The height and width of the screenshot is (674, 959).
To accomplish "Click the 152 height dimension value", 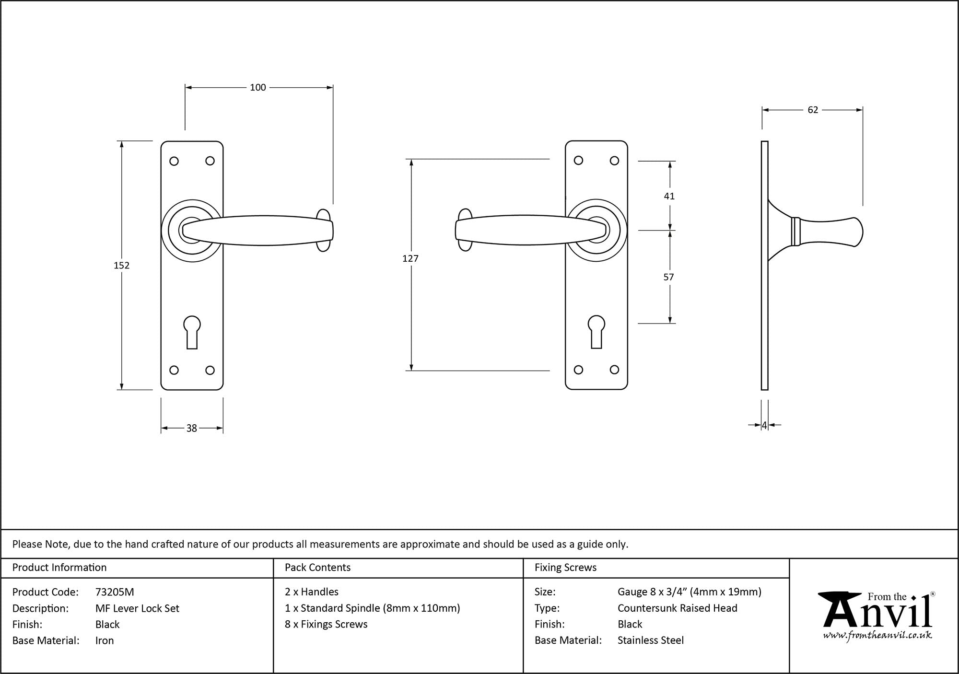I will tap(121, 265).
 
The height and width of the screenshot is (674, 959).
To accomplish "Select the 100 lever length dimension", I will tap(257, 87).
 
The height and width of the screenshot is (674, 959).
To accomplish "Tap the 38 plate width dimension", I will tap(191, 428).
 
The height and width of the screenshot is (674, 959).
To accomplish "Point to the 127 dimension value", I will tap(410, 258).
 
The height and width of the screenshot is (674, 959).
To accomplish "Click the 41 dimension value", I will tap(669, 196).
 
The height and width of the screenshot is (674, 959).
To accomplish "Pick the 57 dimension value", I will tap(668, 277).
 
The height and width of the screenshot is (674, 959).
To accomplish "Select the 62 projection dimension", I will tap(813, 110).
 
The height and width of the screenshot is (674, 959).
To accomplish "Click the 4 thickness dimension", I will tap(764, 425).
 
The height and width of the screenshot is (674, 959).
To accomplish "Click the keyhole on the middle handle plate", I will tap(596, 331).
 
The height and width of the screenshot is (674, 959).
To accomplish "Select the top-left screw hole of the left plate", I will tap(174, 161).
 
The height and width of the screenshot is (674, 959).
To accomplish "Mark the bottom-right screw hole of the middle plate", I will tap(614, 370).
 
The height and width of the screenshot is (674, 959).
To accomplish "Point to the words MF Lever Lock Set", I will tap(137, 608).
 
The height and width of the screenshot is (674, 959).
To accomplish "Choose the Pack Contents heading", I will tap(317, 568).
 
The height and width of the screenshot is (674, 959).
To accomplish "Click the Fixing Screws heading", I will tap(565, 568).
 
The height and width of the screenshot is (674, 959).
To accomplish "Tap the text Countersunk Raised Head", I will tap(677, 608).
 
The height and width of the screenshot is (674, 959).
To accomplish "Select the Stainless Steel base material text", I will tap(650, 640).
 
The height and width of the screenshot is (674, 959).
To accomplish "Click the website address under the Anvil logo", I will tap(877, 636).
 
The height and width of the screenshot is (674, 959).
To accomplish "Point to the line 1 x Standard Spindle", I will tap(372, 608).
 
